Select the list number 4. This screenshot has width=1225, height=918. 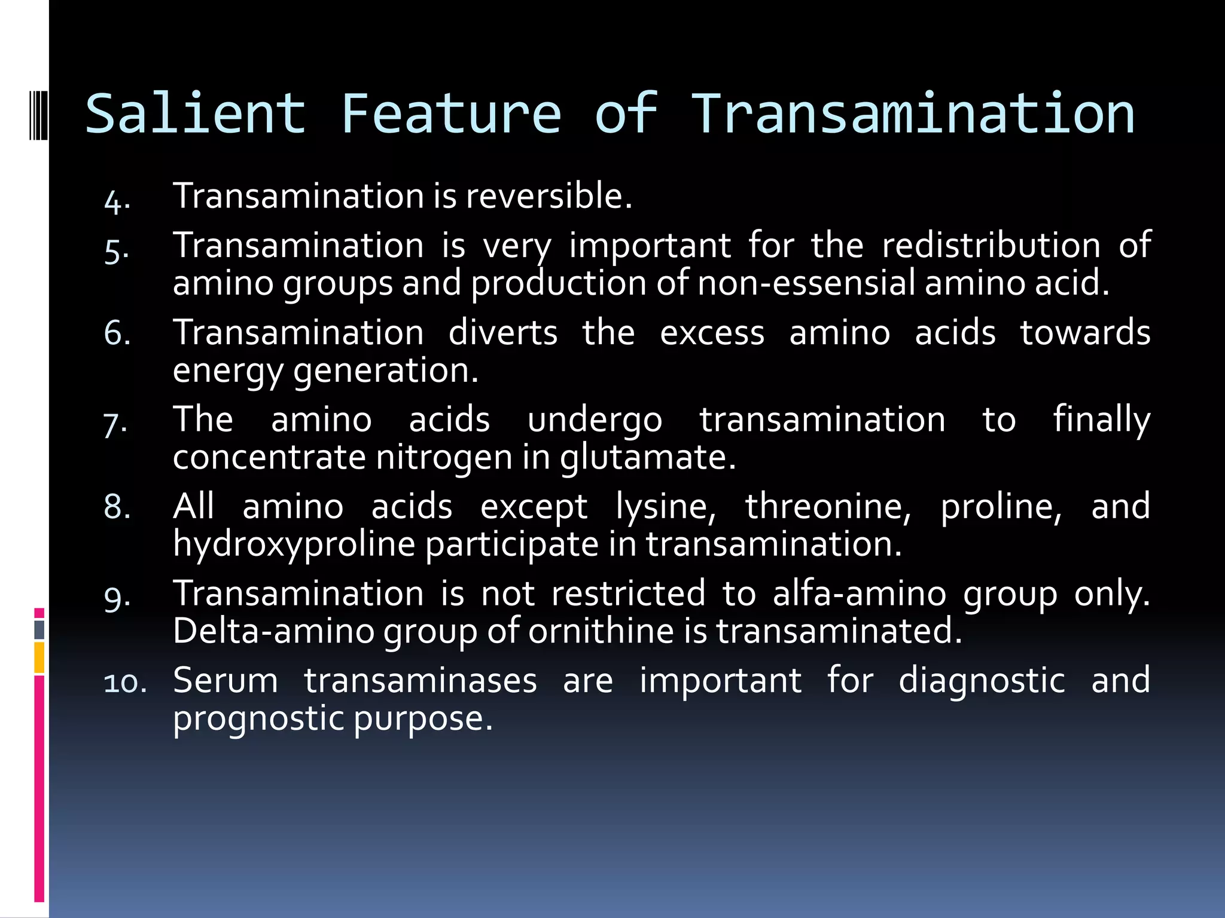click(x=116, y=201)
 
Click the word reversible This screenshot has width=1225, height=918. click(x=548, y=196)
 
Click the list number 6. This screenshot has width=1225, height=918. click(x=117, y=333)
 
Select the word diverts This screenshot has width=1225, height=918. click(x=502, y=332)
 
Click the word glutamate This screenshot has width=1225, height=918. click(x=647, y=458)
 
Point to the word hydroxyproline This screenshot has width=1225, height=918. click(x=294, y=545)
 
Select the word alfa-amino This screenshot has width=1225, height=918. click(x=859, y=594)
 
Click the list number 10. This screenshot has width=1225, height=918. click(x=125, y=683)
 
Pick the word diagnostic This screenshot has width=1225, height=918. click(x=982, y=681)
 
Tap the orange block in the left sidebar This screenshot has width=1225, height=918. click(x=39, y=657)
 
